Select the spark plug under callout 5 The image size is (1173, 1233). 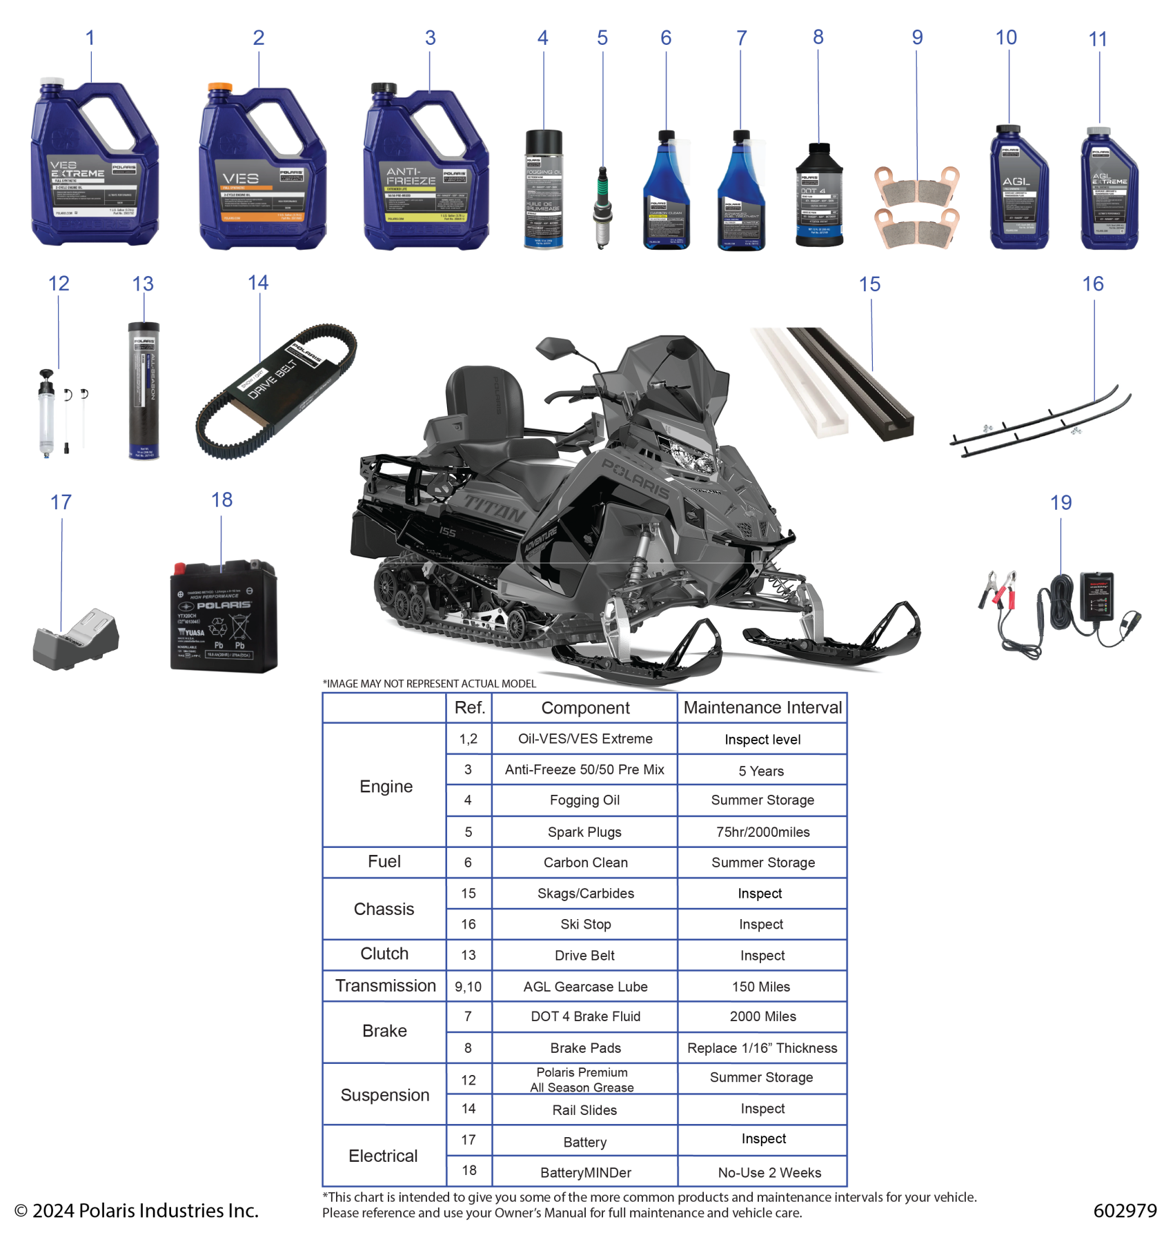pos(602,206)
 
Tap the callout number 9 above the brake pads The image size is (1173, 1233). pos(917,37)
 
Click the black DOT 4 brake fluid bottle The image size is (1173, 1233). pos(819,197)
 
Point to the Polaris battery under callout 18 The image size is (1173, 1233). pos(224,617)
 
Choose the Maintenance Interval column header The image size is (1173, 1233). pos(762,708)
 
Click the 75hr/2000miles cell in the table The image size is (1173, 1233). pos(762,832)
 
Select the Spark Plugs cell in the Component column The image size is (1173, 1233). pos(584,832)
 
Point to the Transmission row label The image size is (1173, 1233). pos(385,986)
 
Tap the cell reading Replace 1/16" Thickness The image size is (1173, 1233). pos(762,1048)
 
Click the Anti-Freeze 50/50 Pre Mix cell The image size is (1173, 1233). pos(584,770)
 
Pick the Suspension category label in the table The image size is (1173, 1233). pos(385,1095)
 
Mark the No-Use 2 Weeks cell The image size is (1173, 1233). pos(769,1173)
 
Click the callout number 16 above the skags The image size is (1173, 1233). pos(1093,284)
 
